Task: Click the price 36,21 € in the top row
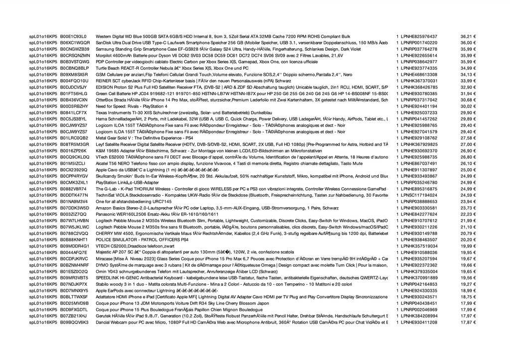coord(468,36)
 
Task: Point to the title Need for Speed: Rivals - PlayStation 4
coord(131,107)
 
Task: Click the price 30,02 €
coord(468,107)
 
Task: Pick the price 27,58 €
coord(468,138)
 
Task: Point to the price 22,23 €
coord(468,214)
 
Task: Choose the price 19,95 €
coord(468,252)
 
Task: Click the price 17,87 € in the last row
coord(468,322)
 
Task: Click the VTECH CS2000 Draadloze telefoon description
coord(135,246)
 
